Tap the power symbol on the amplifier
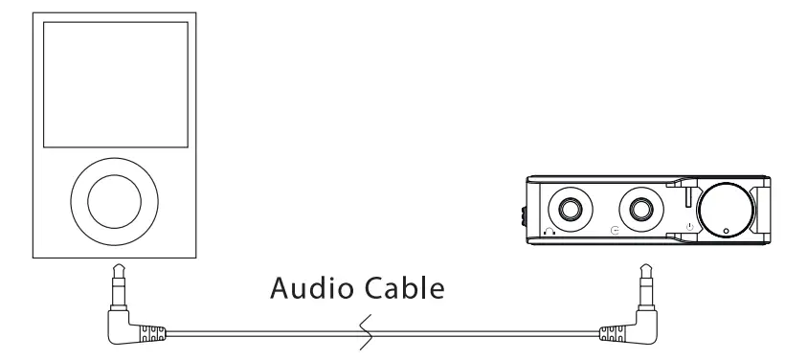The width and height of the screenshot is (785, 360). tap(688, 227)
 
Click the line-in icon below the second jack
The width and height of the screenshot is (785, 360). tap(616, 231)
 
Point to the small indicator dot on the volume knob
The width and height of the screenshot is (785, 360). tap(727, 230)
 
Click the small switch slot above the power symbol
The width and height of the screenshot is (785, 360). tap(688, 201)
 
